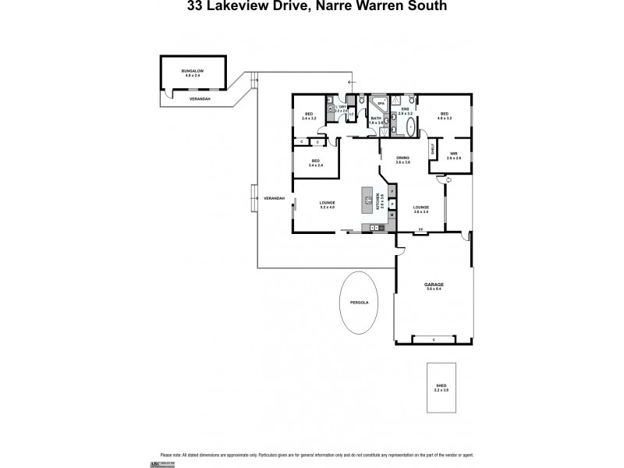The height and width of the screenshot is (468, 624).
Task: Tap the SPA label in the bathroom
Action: click(x=381, y=103)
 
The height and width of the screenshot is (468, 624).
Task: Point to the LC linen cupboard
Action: click(x=351, y=115)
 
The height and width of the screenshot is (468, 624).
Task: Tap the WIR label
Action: click(x=453, y=154)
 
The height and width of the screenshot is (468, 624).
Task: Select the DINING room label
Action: click(x=402, y=158)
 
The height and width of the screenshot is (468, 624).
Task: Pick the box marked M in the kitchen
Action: click(x=392, y=214)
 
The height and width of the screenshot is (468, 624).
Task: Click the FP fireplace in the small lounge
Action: click(x=420, y=229)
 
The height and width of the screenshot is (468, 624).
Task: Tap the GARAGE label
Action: click(x=434, y=285)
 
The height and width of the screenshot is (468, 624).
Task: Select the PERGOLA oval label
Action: click(x=359, y=301)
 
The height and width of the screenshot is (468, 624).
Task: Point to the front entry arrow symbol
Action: click(x=440, y=180)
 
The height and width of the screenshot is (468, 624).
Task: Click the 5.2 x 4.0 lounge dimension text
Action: click(x=327, y=207)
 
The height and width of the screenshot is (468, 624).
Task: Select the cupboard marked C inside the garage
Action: click(x=433, y=339)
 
